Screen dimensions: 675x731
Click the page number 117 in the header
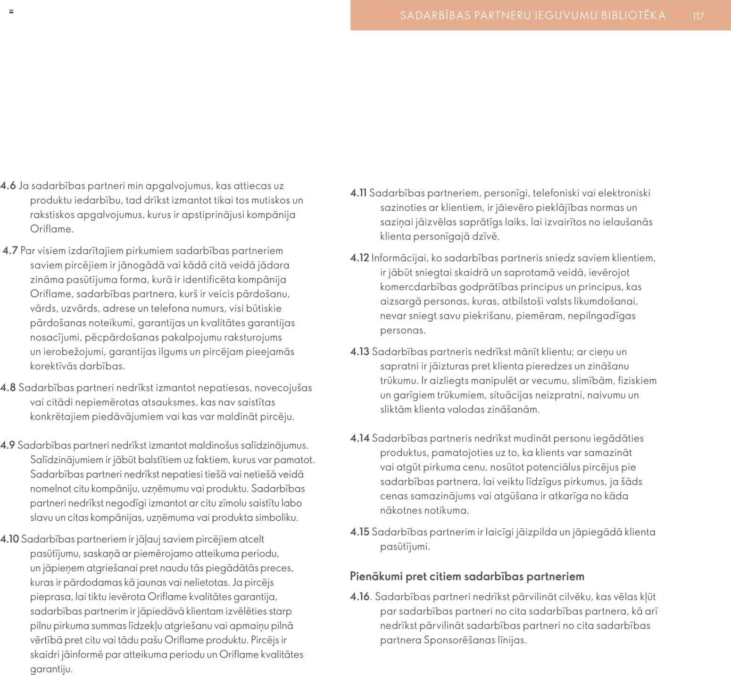point(698,16)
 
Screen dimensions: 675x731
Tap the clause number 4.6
point(8,186)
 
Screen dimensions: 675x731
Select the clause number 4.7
point(10,250)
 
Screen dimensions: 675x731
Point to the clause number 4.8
point(8,388)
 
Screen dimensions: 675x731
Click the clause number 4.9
point(8,445)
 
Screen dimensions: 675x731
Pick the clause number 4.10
point(9,539)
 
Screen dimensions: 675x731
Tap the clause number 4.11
point(358,193)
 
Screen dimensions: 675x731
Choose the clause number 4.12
point(359,258)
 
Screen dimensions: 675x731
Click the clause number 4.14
point(360,438)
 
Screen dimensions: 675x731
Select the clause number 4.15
point(359,532)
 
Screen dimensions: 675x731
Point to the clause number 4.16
point(360,597)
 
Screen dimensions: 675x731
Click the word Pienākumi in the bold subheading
point(376,576)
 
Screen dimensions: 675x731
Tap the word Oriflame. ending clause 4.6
point(52,229)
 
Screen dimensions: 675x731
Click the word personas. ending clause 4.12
point(403,330)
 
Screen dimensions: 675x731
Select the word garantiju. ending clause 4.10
point(51,669)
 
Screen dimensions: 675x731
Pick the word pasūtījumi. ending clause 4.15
point(405,547)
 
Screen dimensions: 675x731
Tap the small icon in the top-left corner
point(11,11)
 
